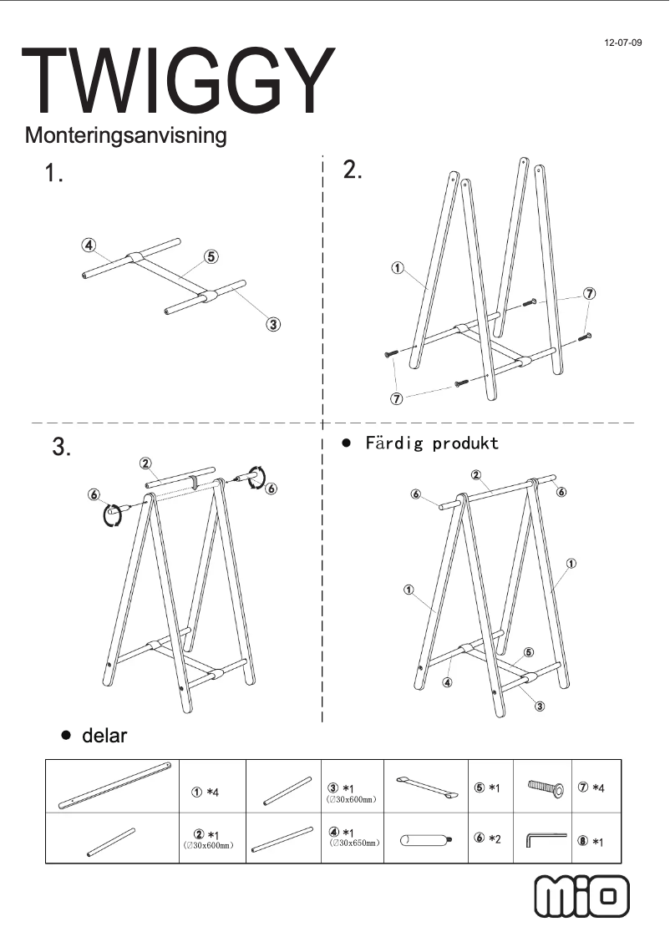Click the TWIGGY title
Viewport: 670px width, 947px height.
178,81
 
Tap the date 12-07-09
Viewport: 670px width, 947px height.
623,42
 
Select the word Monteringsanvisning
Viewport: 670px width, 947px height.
126,134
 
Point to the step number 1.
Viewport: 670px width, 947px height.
54,174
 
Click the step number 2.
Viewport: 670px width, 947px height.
353,170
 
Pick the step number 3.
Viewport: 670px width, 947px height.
61,448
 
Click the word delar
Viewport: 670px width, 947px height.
104,736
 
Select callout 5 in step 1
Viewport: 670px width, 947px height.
211,256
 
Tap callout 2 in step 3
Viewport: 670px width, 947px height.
145,463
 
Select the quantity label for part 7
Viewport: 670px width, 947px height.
591,789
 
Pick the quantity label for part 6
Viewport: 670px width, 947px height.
486,838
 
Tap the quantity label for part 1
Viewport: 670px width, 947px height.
206,792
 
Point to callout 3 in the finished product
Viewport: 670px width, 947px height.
540,706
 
